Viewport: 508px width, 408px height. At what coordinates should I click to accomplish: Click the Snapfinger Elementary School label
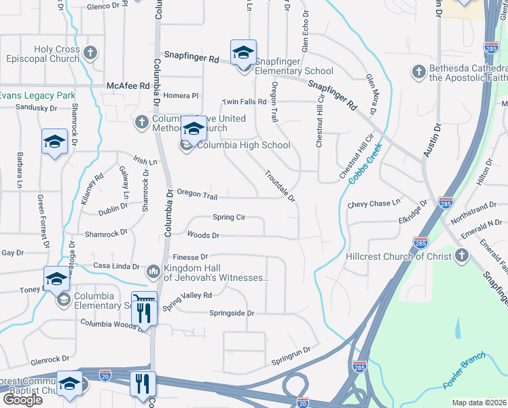tap(294, 71)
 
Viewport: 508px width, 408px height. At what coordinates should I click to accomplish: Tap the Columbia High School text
tap(243, 145)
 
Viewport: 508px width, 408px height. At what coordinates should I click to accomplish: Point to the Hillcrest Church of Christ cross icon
tap(461, 255)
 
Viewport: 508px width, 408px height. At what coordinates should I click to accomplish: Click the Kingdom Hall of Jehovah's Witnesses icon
tap(153, 272)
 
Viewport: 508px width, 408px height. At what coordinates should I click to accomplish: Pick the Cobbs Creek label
tap(366, 163)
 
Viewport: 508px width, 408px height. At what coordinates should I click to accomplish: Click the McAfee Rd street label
tap(128, 86)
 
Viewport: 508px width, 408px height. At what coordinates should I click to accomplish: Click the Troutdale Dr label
tap(280, 186)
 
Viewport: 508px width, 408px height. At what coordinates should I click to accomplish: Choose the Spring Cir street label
tap(228, 218)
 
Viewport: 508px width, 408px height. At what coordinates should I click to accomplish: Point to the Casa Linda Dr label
tap(115, 266)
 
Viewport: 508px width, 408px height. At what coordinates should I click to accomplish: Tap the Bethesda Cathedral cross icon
tap(419, 71)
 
